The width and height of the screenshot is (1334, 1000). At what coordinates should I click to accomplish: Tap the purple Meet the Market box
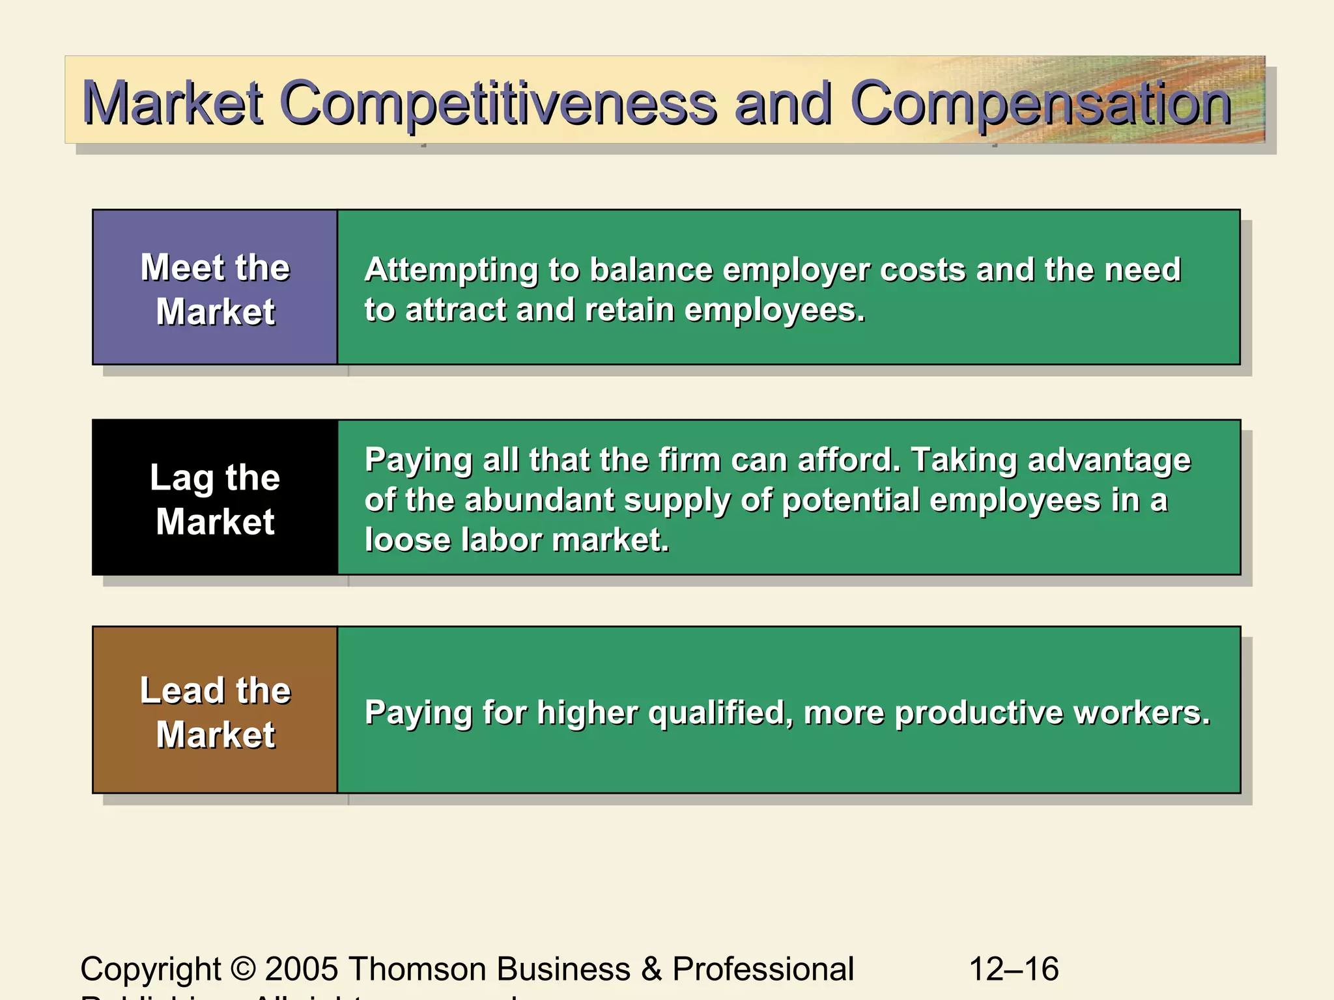point(215,288)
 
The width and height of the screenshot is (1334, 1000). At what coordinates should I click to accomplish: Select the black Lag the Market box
point(215,498)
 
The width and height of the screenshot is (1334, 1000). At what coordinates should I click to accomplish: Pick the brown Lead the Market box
point(215,710)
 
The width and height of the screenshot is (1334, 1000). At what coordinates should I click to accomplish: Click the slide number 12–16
point(1014,969)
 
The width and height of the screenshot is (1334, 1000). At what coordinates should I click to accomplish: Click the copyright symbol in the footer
point(243,969)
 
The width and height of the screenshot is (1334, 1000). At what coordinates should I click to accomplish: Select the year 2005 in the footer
point(301,969)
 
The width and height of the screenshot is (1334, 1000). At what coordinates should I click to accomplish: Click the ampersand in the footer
point(651,969)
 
